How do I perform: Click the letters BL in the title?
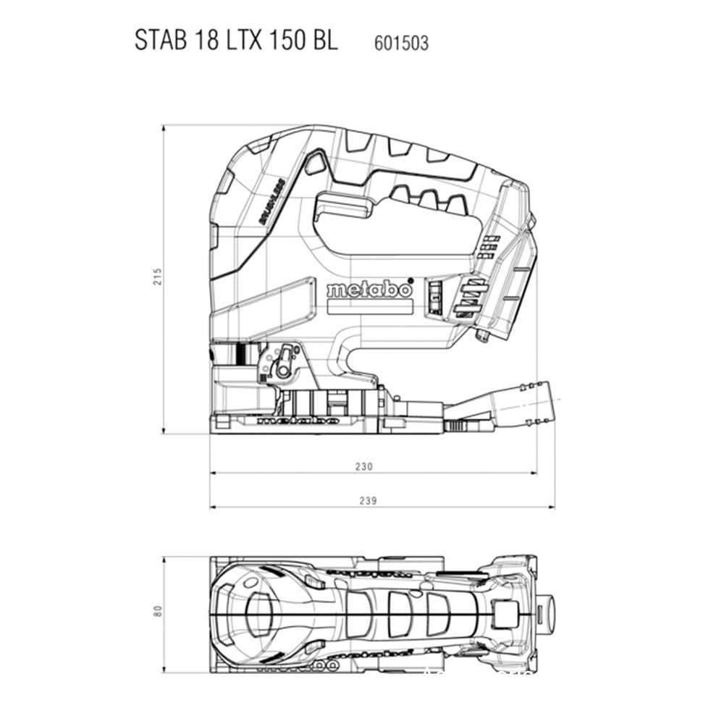click(x=324, y=40)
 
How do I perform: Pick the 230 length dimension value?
click(x=364, y=467)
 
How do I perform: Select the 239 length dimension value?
click(x=370, y=500)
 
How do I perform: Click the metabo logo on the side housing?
click(x=369, y=289)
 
